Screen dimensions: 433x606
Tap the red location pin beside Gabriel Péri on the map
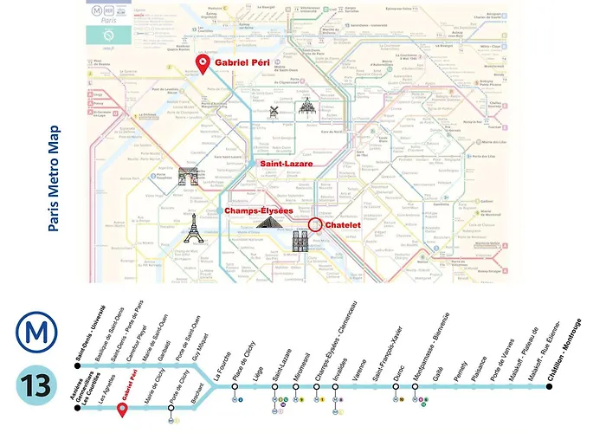(203, 64)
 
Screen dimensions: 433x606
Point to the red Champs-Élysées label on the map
(258, 210)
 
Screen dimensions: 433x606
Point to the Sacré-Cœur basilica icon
(306, 107)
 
